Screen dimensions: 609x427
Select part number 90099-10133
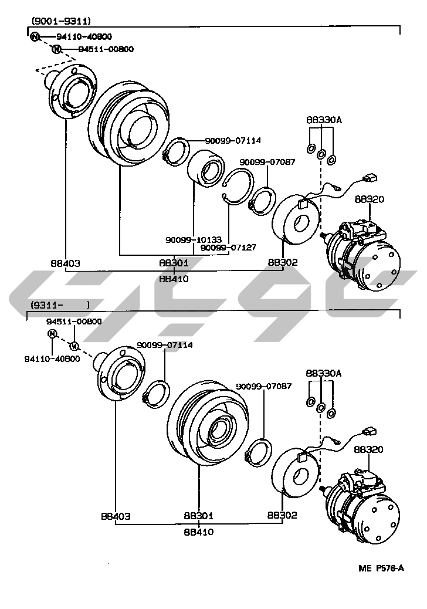[193, 240]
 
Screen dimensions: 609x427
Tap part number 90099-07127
[228, 248]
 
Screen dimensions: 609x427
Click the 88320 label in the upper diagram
[369, 199]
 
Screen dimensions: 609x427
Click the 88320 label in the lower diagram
[369, 449]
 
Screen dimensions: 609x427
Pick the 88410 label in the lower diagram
[198, 532]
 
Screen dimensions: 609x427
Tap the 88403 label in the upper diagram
[65, 263]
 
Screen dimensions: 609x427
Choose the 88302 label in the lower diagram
[282, 516]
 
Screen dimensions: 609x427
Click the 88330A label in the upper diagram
[323, 120]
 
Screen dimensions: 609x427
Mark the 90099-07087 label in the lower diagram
[264, 387]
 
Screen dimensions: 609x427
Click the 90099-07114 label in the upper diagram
[233, 140]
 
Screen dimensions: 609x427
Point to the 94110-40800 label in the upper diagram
[84, 36]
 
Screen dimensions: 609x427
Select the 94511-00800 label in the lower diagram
[74, 322]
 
